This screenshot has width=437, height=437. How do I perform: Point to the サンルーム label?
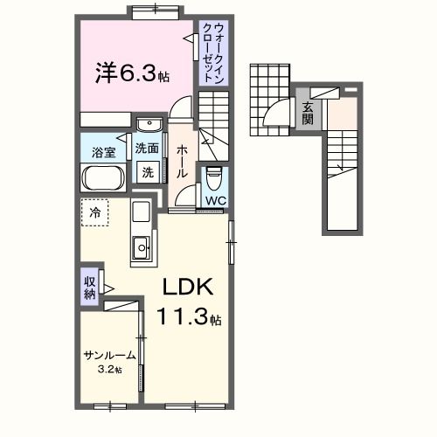(109, 356)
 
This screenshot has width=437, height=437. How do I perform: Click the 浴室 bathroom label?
(103, 152)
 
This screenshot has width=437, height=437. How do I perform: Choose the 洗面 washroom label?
(147, 149)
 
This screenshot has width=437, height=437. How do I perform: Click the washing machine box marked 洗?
(148, 171)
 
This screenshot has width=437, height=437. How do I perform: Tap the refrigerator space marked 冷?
(94, 212)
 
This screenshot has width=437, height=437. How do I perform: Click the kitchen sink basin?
(141, 250)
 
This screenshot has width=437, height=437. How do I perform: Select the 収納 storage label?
(90, 288)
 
